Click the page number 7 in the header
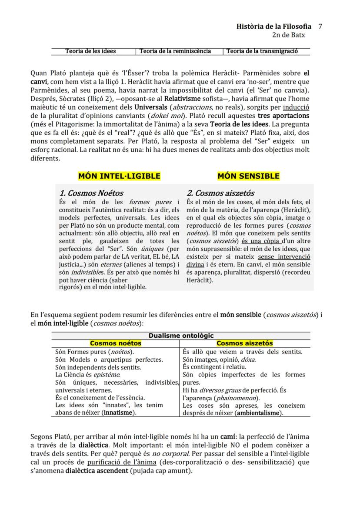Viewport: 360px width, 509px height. (320, 27)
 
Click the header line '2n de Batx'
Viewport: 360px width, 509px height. (289, 35)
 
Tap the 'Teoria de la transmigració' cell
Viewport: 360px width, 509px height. (262, 51)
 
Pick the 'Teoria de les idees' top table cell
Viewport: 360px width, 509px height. (90, 51)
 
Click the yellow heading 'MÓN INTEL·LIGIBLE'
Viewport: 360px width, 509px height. (119, 176)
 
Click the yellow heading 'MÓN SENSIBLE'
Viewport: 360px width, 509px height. (248, 176)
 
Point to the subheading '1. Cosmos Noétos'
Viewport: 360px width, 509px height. (91, 193)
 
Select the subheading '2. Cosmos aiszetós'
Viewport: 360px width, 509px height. (220, 193)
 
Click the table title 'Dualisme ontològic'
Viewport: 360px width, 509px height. (181, 336)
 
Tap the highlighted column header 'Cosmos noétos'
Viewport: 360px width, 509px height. (116, 343)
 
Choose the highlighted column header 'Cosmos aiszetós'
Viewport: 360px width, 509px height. (245, 343)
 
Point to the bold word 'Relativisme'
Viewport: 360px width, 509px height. (167, 100)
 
